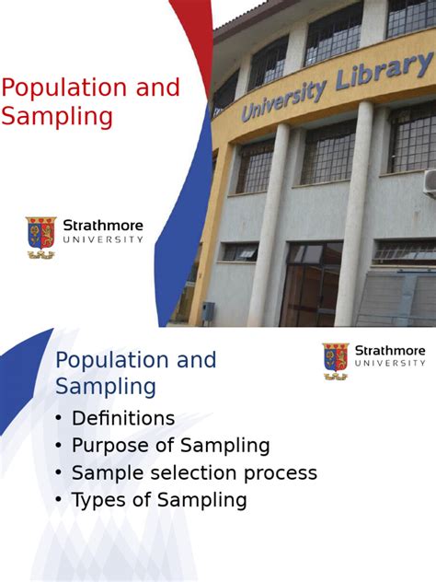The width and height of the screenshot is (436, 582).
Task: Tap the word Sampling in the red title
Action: [x=57, y=118]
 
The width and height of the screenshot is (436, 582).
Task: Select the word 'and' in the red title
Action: [x=156, y=88]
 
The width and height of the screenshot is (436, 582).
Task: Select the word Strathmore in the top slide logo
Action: [x=103, y=226]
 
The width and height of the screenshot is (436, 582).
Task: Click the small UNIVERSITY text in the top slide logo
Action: [x=103, y=239]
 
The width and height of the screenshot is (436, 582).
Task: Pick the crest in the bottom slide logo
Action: [x=336, y=359]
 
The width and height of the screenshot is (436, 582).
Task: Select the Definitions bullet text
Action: [x=123, y=418]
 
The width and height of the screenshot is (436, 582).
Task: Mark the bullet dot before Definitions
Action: [x=59, y=419]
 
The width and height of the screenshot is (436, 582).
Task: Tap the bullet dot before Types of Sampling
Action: [x=59, y=501]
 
